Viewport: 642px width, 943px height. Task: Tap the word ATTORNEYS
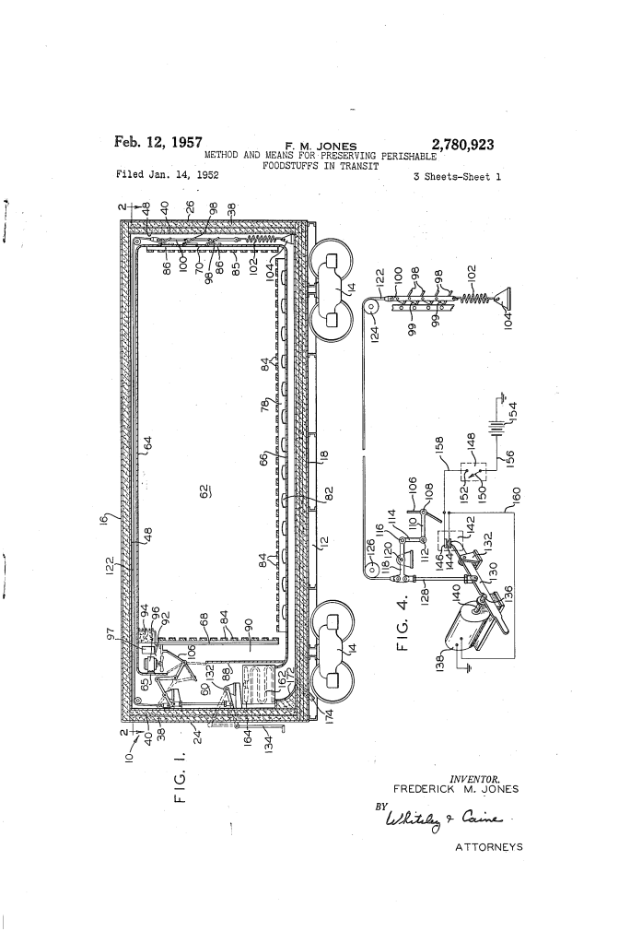coord(487,847)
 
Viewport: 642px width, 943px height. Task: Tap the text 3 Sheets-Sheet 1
coord(458,174)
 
